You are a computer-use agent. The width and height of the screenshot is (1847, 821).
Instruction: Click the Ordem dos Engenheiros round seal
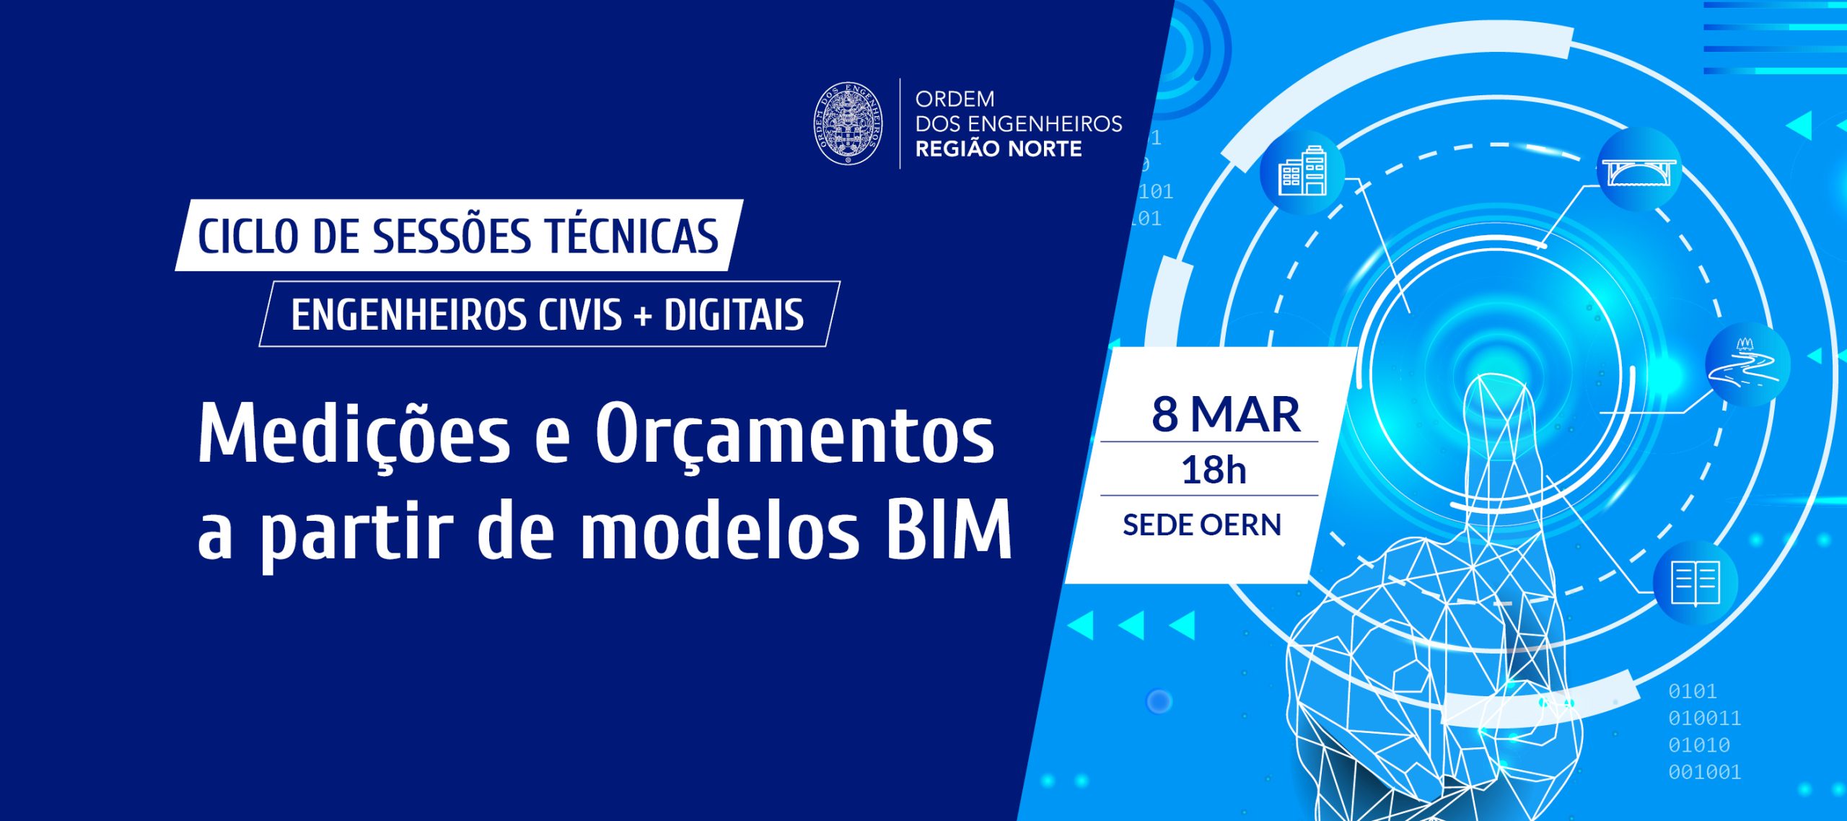point(848,123)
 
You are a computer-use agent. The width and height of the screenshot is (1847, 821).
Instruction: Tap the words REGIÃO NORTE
point(999,149)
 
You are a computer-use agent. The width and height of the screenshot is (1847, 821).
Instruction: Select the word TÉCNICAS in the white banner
point(632,236)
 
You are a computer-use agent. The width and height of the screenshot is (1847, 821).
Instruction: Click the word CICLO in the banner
point(247,237)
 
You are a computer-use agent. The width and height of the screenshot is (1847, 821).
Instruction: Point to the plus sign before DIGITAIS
point(642,317)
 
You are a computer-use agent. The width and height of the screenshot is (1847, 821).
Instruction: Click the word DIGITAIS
point(734,315)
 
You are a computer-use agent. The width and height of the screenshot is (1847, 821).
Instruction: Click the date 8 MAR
point(1226,415)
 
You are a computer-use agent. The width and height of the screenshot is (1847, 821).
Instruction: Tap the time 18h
point(1214,470)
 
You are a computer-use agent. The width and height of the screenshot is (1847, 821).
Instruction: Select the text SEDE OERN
point(1202,525)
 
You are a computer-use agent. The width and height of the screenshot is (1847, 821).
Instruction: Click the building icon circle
point(1302,173)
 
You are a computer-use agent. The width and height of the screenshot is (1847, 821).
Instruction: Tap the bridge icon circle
point(1639,170)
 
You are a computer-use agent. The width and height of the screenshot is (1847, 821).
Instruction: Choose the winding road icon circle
point(1747,364)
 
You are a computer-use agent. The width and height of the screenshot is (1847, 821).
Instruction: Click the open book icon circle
point(1695,583)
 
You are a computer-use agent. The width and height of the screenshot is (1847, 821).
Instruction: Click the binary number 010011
point(1704,718)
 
